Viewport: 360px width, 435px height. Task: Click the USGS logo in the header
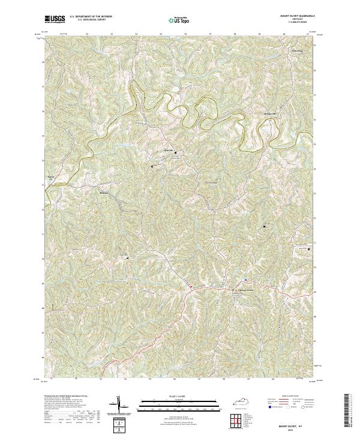55,20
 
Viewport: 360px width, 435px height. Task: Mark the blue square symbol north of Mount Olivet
246,280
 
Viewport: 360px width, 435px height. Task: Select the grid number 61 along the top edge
308,35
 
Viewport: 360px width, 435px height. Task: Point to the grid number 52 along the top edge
88,35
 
